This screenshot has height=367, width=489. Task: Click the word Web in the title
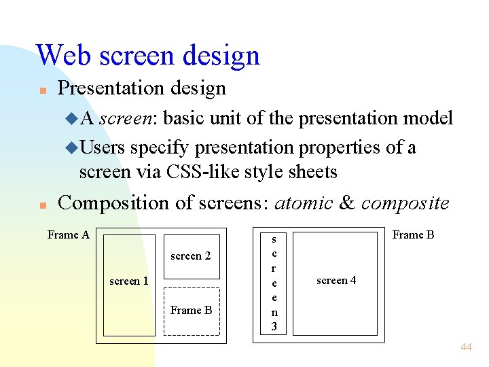click(64, 55)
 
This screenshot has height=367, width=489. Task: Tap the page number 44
click(466, 347)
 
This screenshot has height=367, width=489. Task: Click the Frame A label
click(68, 235)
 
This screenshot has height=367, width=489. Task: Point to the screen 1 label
click(129, 281)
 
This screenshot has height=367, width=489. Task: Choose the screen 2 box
click(192, 256)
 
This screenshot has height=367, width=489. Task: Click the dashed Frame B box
click(192, 311)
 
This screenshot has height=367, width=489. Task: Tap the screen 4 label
click(336, 280)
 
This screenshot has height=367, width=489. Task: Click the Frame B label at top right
click(413, 235)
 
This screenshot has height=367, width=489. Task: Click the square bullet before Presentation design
click(41, 90)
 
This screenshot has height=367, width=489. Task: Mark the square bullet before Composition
click(41, 204)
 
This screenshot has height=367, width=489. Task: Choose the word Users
click(103, 147)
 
